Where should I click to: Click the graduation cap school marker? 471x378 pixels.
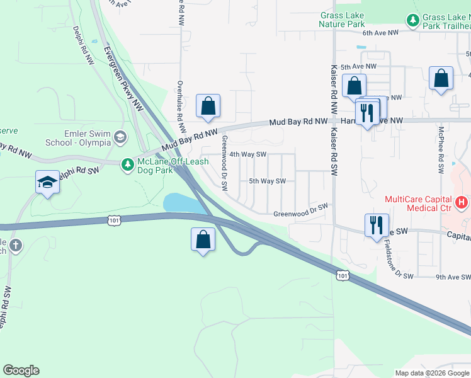pyautogui.click(x=47, y=183)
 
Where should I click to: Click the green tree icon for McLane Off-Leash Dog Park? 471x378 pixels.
pyautogui.click(x=127, y=164)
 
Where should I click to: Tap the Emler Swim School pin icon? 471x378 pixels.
pyautogui.click(x=121, y=137)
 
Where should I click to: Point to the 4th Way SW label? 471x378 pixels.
pyautogui.click(x=248, y=154)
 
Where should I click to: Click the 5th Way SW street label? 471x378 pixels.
pyautogui.click(x=267, y=181)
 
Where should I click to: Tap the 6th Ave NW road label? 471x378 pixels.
pyautogui.click(x=380, y=32)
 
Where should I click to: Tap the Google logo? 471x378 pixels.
pyautogui.click(x=21, y=370)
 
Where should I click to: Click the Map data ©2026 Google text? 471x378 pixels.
pyautogui.click(x=431, y=373)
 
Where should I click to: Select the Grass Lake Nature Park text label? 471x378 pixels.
pyautogui.click(x=342, y=20)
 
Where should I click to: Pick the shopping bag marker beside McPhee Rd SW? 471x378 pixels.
pyautogui.click(x=441, y=79)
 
